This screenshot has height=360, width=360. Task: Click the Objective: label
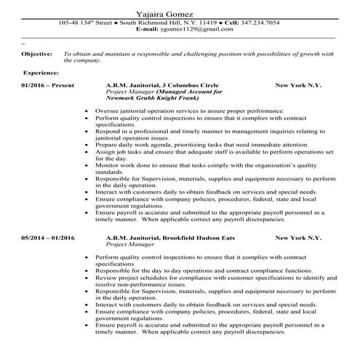37,54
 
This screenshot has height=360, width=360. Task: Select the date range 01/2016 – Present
48,85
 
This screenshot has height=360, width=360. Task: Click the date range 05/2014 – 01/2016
49,238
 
